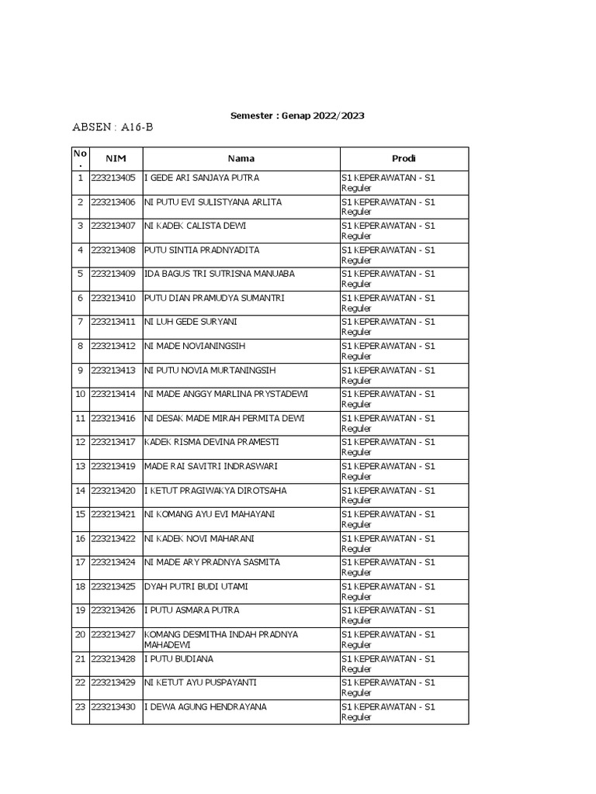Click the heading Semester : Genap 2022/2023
coord(297,116)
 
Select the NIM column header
coord(116,158)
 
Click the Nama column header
coord(241,158)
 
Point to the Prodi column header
coord(404,158)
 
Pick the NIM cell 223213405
coord(113,178)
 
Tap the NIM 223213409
coord(113,274)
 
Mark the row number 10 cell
coord(80,394)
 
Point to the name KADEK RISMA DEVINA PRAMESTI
coord(211,442)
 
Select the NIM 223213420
coord(113,490)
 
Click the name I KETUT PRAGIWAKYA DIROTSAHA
coord(215,490)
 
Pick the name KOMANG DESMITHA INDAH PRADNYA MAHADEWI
coord(221,639)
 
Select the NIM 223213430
coord(113,706)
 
